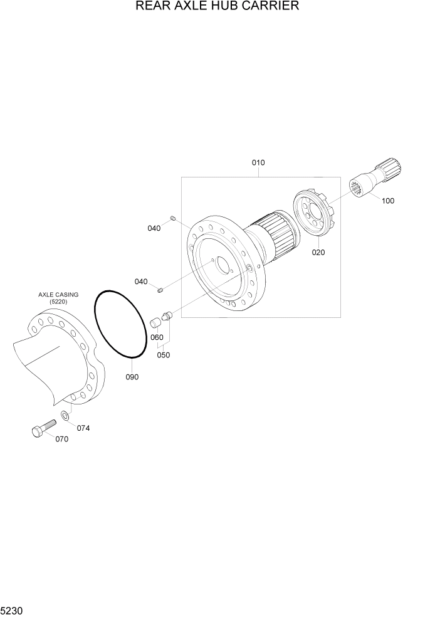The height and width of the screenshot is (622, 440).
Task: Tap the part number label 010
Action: (x=258, y=163)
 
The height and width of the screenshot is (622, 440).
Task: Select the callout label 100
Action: (x=388, y=201)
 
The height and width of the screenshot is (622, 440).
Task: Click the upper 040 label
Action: (x=154, y=228)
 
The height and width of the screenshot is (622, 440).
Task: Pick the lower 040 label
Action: (x=141, y=282)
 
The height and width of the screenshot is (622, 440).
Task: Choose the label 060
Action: (x=157, y=337)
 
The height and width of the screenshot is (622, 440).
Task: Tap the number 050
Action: (x=164, y=355)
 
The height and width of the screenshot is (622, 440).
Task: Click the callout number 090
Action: (x=132, y=377)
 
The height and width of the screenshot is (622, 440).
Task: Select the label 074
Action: (x=83, y=428)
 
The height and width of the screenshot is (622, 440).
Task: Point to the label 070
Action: (x=61, y=440)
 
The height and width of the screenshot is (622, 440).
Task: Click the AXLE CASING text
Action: (x=58, y=294)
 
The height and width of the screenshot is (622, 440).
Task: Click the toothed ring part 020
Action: (x=315, y=216)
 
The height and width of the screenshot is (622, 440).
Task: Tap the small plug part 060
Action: (x=156, y=323)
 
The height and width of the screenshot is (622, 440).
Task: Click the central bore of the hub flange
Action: (x=223, y=266)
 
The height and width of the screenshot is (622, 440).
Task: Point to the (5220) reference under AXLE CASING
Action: (x=58, y=302)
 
